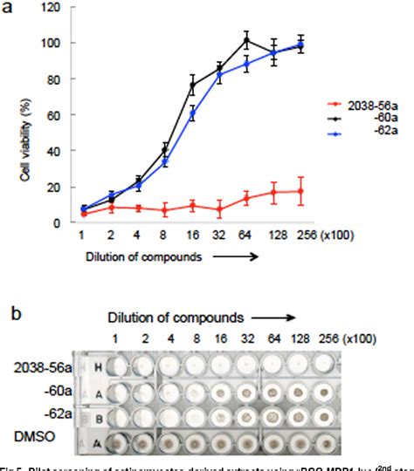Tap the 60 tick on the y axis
50,115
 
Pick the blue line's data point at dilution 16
167,113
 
